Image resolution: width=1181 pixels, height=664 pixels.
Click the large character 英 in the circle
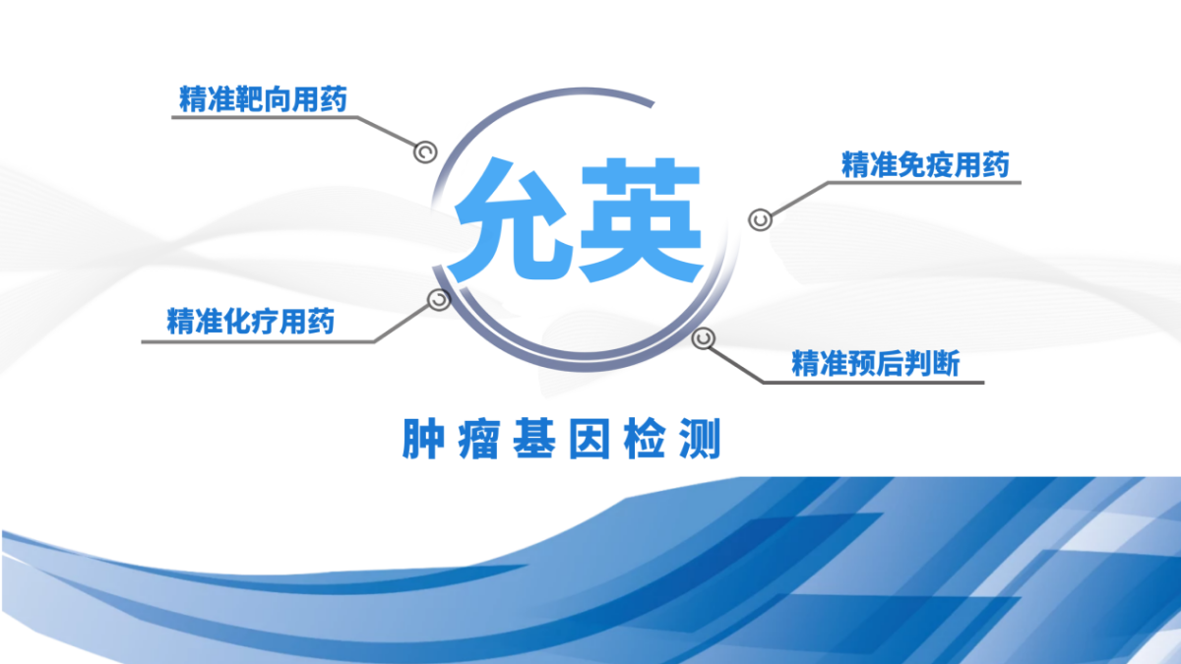[x=641, y=219]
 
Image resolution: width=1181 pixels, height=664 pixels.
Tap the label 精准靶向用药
[x=263, y=99]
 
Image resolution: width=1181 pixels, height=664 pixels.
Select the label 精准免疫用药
[x=925, y=165]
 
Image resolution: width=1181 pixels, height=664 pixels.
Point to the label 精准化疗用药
[x=250, y=321]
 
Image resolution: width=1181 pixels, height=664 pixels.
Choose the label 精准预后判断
[x=876, y=363]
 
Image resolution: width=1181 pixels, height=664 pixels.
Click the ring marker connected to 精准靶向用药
[x=425, y=152]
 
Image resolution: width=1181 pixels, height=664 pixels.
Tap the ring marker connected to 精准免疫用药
[x=760, y=219]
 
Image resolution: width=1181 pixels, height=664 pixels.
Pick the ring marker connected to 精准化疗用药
[x=439, y=300]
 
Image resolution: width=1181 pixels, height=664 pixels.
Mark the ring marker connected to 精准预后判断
[x=703, y=338]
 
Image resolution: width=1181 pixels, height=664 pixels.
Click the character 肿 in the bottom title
[x=423, y=439]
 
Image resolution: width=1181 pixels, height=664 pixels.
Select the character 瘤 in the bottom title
[x=478, y=439]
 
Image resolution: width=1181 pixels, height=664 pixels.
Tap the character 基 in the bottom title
[x=534, y=439]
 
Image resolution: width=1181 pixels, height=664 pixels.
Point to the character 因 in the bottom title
[x=590, y=439]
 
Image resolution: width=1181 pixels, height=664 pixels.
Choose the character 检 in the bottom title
[x=645, y=439]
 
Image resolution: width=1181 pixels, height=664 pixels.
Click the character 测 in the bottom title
[x=700, y=439]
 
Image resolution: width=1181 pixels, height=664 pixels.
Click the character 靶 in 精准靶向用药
[x=249, y=99]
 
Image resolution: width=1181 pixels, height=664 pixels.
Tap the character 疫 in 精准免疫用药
[x=940, y=165]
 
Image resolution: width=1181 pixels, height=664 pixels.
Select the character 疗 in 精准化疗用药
[x=265, y=321]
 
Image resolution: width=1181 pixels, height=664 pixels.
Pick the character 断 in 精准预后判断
[x=947, y=363]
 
